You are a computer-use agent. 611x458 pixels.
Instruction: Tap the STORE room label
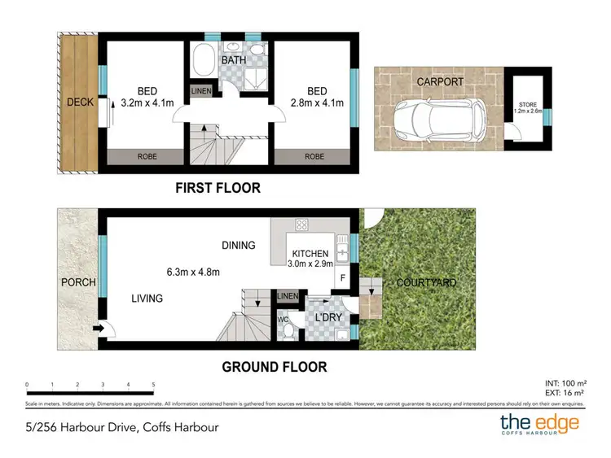527,107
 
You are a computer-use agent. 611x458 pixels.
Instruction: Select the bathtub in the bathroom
204,62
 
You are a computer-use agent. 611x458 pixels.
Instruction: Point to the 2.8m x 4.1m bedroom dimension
317,103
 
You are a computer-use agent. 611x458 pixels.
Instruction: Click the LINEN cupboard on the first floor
200,91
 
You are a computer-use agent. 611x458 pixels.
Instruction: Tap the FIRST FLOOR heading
218,188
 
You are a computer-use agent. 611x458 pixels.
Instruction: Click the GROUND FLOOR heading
275,367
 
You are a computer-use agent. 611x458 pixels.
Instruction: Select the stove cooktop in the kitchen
301,225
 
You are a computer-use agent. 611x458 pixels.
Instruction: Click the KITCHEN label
310,254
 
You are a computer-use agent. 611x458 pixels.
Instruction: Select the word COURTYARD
426,283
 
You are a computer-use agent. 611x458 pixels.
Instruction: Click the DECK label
80,103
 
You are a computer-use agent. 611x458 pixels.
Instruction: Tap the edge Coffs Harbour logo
539,424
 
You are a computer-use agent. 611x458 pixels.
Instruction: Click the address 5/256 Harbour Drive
121,426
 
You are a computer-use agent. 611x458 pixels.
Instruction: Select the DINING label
238,245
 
